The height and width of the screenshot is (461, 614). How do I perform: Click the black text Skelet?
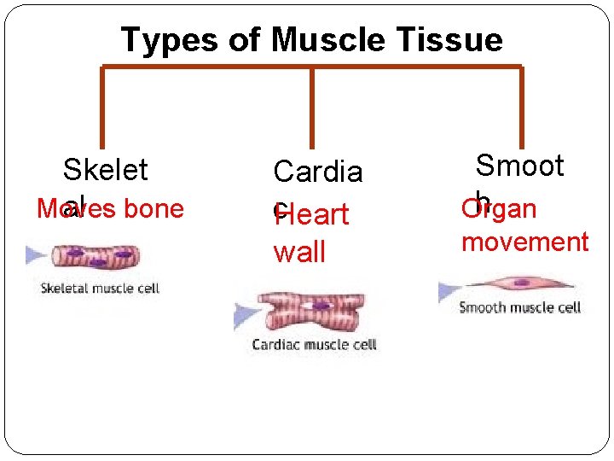[105, 169]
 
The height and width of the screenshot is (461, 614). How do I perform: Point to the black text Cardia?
[317, 172]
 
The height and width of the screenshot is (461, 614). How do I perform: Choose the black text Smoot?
[519, 165]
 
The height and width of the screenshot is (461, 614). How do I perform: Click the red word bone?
[151, 208]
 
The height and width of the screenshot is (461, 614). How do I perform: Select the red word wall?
[298, 252]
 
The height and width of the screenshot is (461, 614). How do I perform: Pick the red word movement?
[524, 242]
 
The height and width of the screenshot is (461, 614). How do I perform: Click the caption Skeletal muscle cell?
[100, 289]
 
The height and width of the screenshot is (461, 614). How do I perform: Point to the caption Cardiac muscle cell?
[314, 345]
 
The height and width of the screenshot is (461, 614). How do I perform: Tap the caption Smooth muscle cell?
[519, 307]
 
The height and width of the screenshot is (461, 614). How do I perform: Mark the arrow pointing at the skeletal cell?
[36, 254]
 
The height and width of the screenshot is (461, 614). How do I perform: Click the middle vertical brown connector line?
[312, 108]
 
